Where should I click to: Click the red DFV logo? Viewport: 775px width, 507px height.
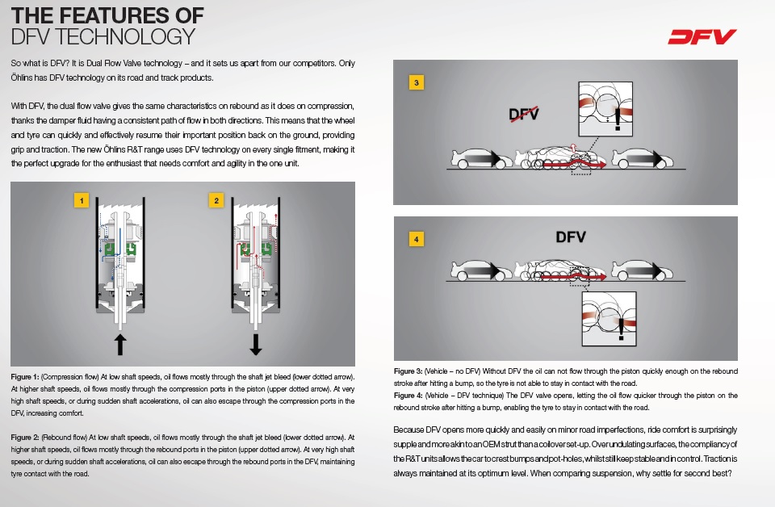coord(702,36)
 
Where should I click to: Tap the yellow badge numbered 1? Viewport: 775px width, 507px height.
coord(80,199)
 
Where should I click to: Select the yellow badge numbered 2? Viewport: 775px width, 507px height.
coord(216,199)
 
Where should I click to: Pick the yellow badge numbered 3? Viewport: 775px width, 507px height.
coord(416,83)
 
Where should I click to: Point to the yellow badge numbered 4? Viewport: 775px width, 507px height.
coord(416,239)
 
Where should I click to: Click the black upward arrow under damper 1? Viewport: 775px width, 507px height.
coord(120,344)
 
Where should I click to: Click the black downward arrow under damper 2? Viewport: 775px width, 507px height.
coord(256,344)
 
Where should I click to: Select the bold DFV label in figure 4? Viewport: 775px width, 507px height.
coord(570,237)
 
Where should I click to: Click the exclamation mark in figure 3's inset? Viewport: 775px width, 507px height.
coord(618,119)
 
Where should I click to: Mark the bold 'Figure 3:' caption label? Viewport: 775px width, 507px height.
coord(408,371)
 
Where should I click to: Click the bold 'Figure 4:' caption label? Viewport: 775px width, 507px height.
coord(408,395)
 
